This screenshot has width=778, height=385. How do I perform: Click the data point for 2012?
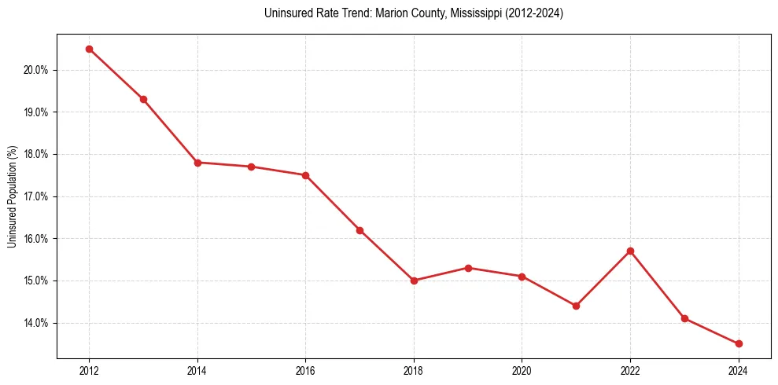pyautogui.click(x=89, y=49)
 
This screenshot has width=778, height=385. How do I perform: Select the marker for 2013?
pyautogui.click(x=143, y=99)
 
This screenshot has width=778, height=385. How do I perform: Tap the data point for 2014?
pyautogui.click(x=197, y=163)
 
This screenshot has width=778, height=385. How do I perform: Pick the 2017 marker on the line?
pyautogui.click(x=360, y=230)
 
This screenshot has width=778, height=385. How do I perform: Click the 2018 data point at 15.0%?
pyautogui.click(x=414, y=280)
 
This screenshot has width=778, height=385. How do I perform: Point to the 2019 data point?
pyautogui.click(x=468, y=268)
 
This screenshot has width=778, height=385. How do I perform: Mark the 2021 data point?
pyautogui.click(x=576, y=306)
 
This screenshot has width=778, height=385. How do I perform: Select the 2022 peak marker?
pyautogui.click(x=630, y=251)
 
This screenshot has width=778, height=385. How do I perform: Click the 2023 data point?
pyautogui.click(x=684, y=318)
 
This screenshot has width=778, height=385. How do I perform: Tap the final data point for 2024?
pyautogui.click(x=739, y=343)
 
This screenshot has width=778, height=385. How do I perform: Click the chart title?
pyautogui.click(x=414, y=13)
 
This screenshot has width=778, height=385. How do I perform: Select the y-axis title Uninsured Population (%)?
pyautogui.click(x=12, y=196)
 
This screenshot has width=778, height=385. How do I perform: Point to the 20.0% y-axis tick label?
pyautogui.click(x=36, y=70)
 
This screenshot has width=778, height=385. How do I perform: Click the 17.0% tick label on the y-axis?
pyautogui.click(x=36, y=196)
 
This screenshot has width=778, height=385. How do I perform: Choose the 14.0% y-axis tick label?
pyautogui.click(x=36, y=323)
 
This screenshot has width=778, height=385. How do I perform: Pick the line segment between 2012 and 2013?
pyautogui.click(x=116, y=74)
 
